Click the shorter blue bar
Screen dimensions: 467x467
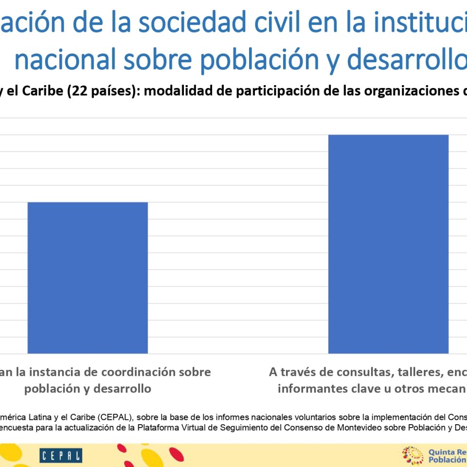click(x=88, y=277)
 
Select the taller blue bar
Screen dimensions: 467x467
click(x=388, y=243)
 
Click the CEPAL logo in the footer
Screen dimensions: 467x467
click(x=61, y=456)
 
